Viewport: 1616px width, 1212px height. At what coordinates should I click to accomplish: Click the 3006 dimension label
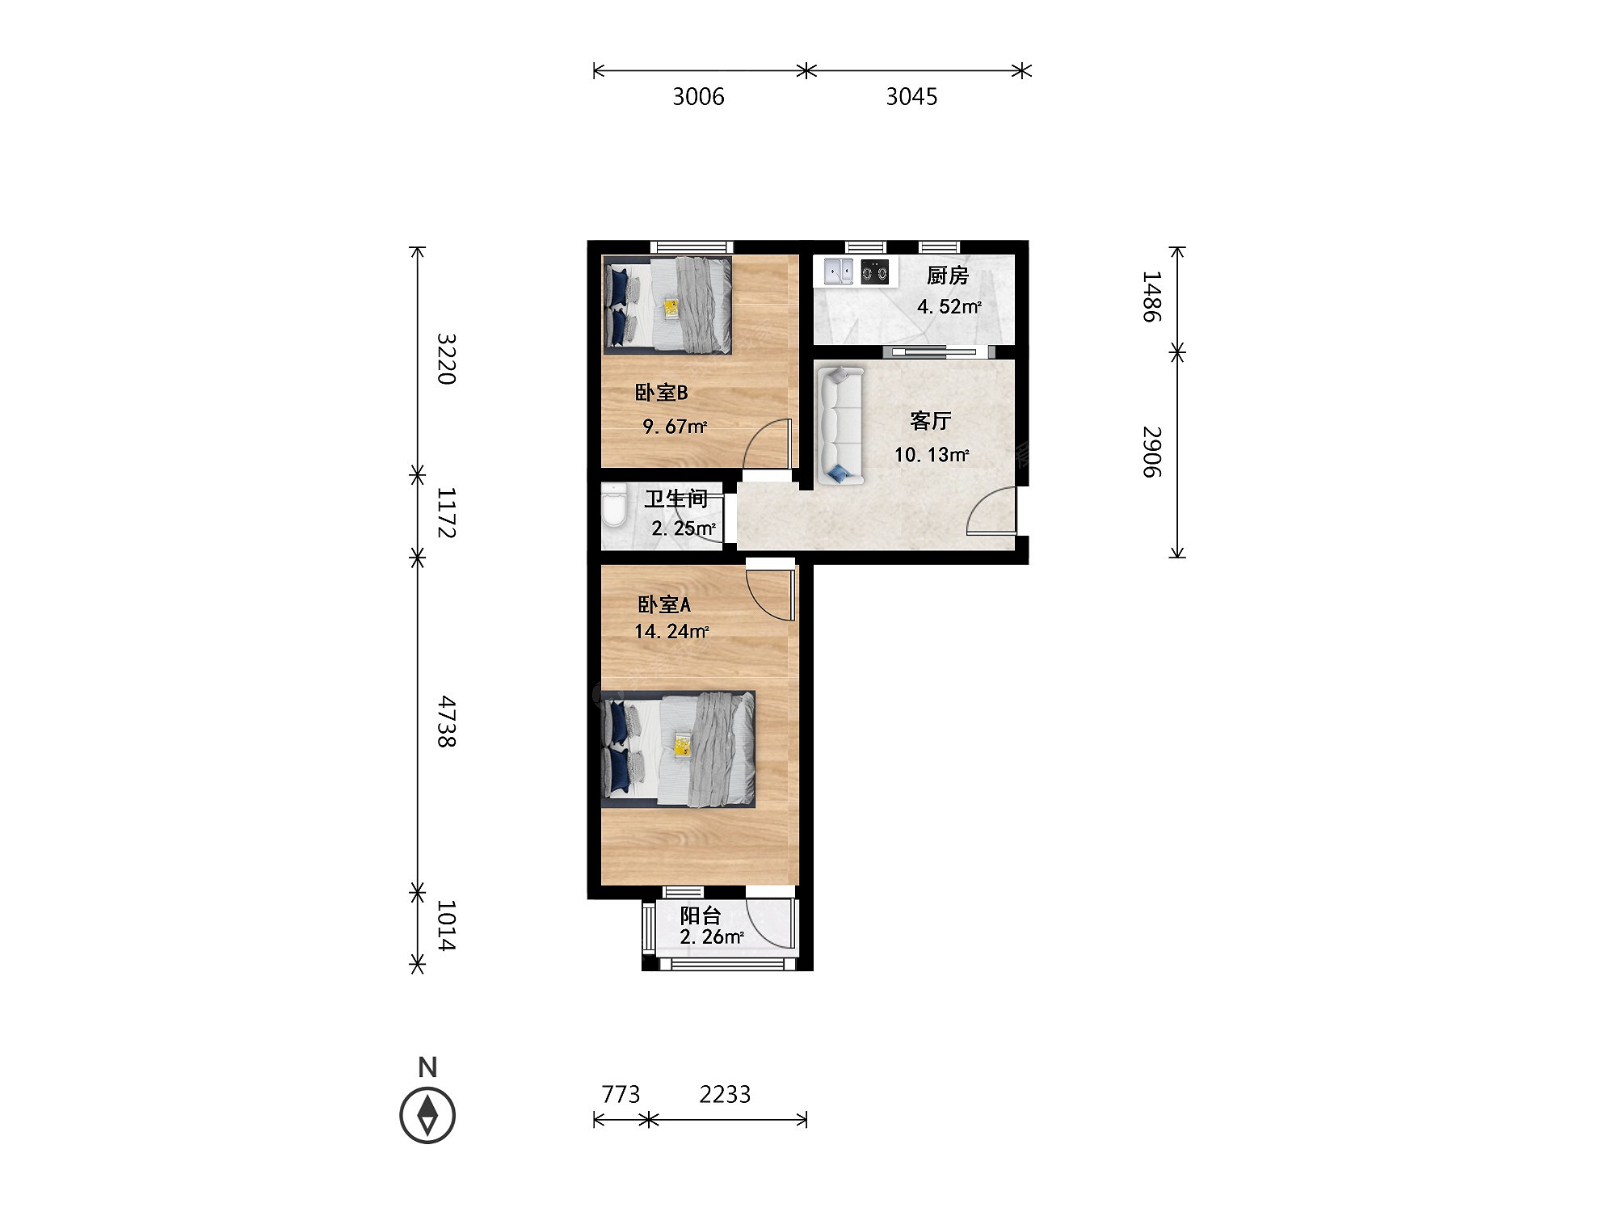699,97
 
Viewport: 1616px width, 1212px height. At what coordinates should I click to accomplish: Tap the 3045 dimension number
912,97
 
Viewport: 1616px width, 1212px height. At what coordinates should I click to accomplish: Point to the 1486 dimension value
1151,297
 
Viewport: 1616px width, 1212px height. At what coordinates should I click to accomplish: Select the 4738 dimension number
447,722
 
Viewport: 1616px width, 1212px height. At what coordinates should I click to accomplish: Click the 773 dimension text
621,1094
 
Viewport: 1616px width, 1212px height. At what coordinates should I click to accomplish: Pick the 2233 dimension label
725,1094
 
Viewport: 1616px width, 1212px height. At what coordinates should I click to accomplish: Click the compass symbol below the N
427,1115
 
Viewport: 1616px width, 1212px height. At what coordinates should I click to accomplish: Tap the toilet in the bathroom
615,505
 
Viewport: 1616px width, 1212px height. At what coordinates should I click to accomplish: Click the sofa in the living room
840,426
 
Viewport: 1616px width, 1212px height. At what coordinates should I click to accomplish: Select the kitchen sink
839,271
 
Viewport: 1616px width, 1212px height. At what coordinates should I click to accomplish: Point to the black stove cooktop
875,271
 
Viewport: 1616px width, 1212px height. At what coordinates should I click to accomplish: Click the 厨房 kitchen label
948,276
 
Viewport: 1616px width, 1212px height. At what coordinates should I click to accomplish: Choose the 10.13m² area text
932,454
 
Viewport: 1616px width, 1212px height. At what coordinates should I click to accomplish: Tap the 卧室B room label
662,393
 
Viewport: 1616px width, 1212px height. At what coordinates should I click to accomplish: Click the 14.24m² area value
671,631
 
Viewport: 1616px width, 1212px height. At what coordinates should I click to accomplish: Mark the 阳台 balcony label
701,915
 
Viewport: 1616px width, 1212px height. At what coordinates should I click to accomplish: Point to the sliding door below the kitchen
936,351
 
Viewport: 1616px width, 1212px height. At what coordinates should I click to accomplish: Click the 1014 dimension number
447,925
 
